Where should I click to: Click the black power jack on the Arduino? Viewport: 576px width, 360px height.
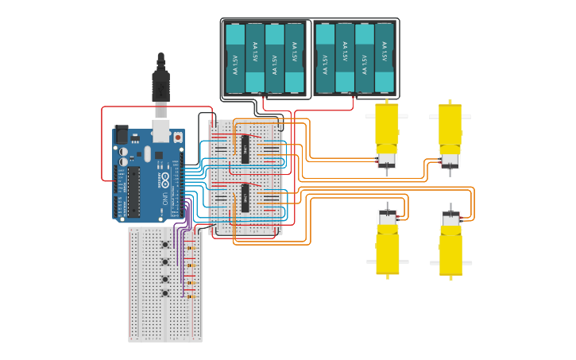[121, 134]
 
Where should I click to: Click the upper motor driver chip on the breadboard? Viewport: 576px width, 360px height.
[245, 149]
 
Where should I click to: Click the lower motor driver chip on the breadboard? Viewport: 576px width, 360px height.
[245, 197]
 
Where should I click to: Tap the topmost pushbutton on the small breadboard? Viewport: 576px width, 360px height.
[165, 245]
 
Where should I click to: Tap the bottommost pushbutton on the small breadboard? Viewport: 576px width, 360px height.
[165, 293]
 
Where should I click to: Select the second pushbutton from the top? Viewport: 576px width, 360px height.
[165, 261]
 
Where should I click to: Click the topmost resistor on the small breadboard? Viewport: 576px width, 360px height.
[189, 247]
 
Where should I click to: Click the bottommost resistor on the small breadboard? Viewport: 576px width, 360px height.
[189, 296]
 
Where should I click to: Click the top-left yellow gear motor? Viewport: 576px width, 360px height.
[387, 131]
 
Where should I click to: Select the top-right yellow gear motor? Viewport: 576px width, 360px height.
[450, 131]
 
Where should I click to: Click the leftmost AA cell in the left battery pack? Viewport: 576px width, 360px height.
[235, 59]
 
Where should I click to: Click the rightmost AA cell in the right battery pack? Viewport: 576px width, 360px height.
[385, 59]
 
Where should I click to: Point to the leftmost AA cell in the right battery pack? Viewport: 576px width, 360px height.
[325, 59]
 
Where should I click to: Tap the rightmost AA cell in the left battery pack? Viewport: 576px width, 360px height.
[294, 59]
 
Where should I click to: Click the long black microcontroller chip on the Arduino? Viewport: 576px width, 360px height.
[133, 191]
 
